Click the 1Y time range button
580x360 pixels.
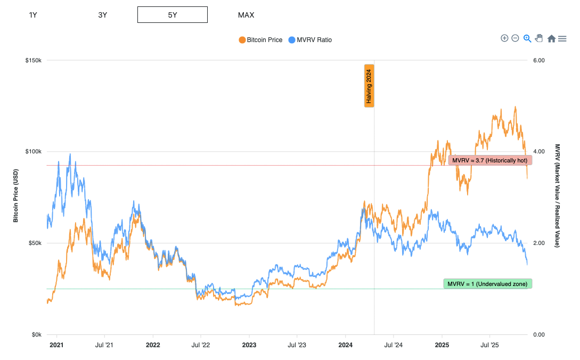(33, 15)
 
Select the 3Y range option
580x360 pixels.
(103, 15)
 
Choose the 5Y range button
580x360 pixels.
(172, 15)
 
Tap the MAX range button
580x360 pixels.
(246, 15)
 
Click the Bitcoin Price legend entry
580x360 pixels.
(260, 40)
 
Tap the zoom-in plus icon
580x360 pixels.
(504, 38)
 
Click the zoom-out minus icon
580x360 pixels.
(515, 38)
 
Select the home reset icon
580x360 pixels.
(551, 38)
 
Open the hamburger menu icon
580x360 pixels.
(562, 38)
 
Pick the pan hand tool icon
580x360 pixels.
(539, 38)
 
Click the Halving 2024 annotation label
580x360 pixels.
(369, 86)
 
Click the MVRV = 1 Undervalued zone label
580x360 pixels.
(487, 284)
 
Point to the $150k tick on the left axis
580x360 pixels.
(34, 60)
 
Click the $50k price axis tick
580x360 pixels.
(35, 243)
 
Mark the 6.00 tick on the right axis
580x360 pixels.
(539, 60)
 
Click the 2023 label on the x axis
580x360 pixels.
(249, 345)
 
